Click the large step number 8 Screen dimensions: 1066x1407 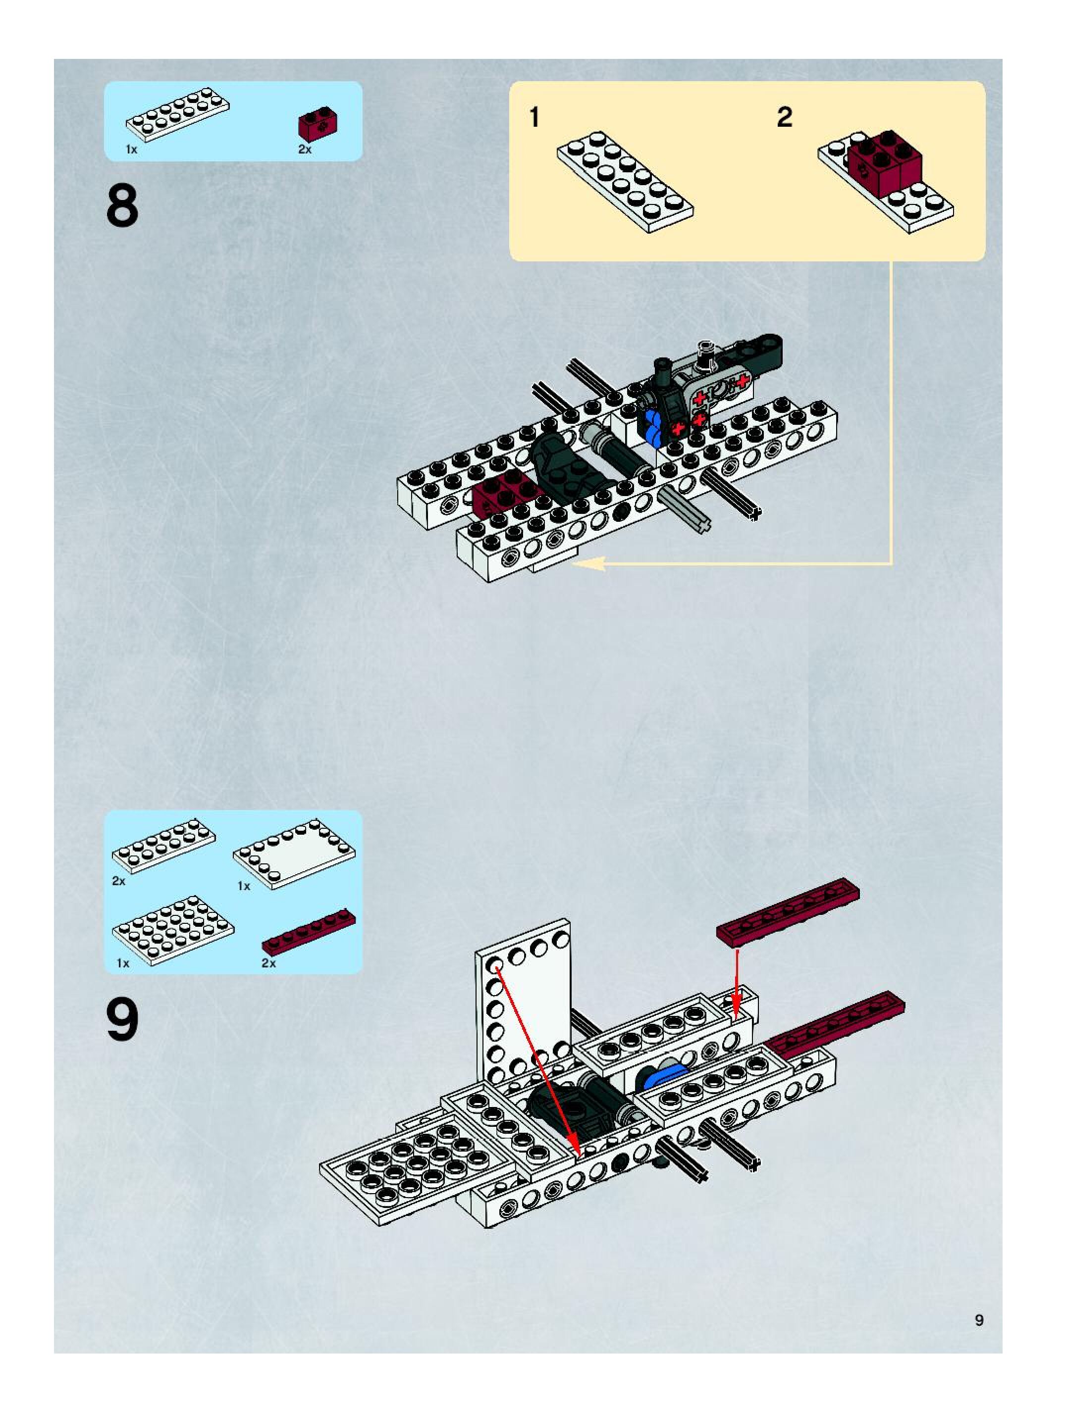pos(122,205)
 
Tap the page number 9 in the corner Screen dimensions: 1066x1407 pos(979,1319)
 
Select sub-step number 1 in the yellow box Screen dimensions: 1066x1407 pos(534,118)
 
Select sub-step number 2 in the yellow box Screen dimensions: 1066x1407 pos(784,118)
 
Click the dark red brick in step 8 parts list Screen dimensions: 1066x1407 pos(318,125)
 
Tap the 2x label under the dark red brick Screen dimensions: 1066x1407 pos(305,150)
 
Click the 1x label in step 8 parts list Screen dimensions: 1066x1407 pos(131,150)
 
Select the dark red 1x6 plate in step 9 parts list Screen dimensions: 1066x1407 pos(309,933)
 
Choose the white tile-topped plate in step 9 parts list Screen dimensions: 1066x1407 pos(294,854)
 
